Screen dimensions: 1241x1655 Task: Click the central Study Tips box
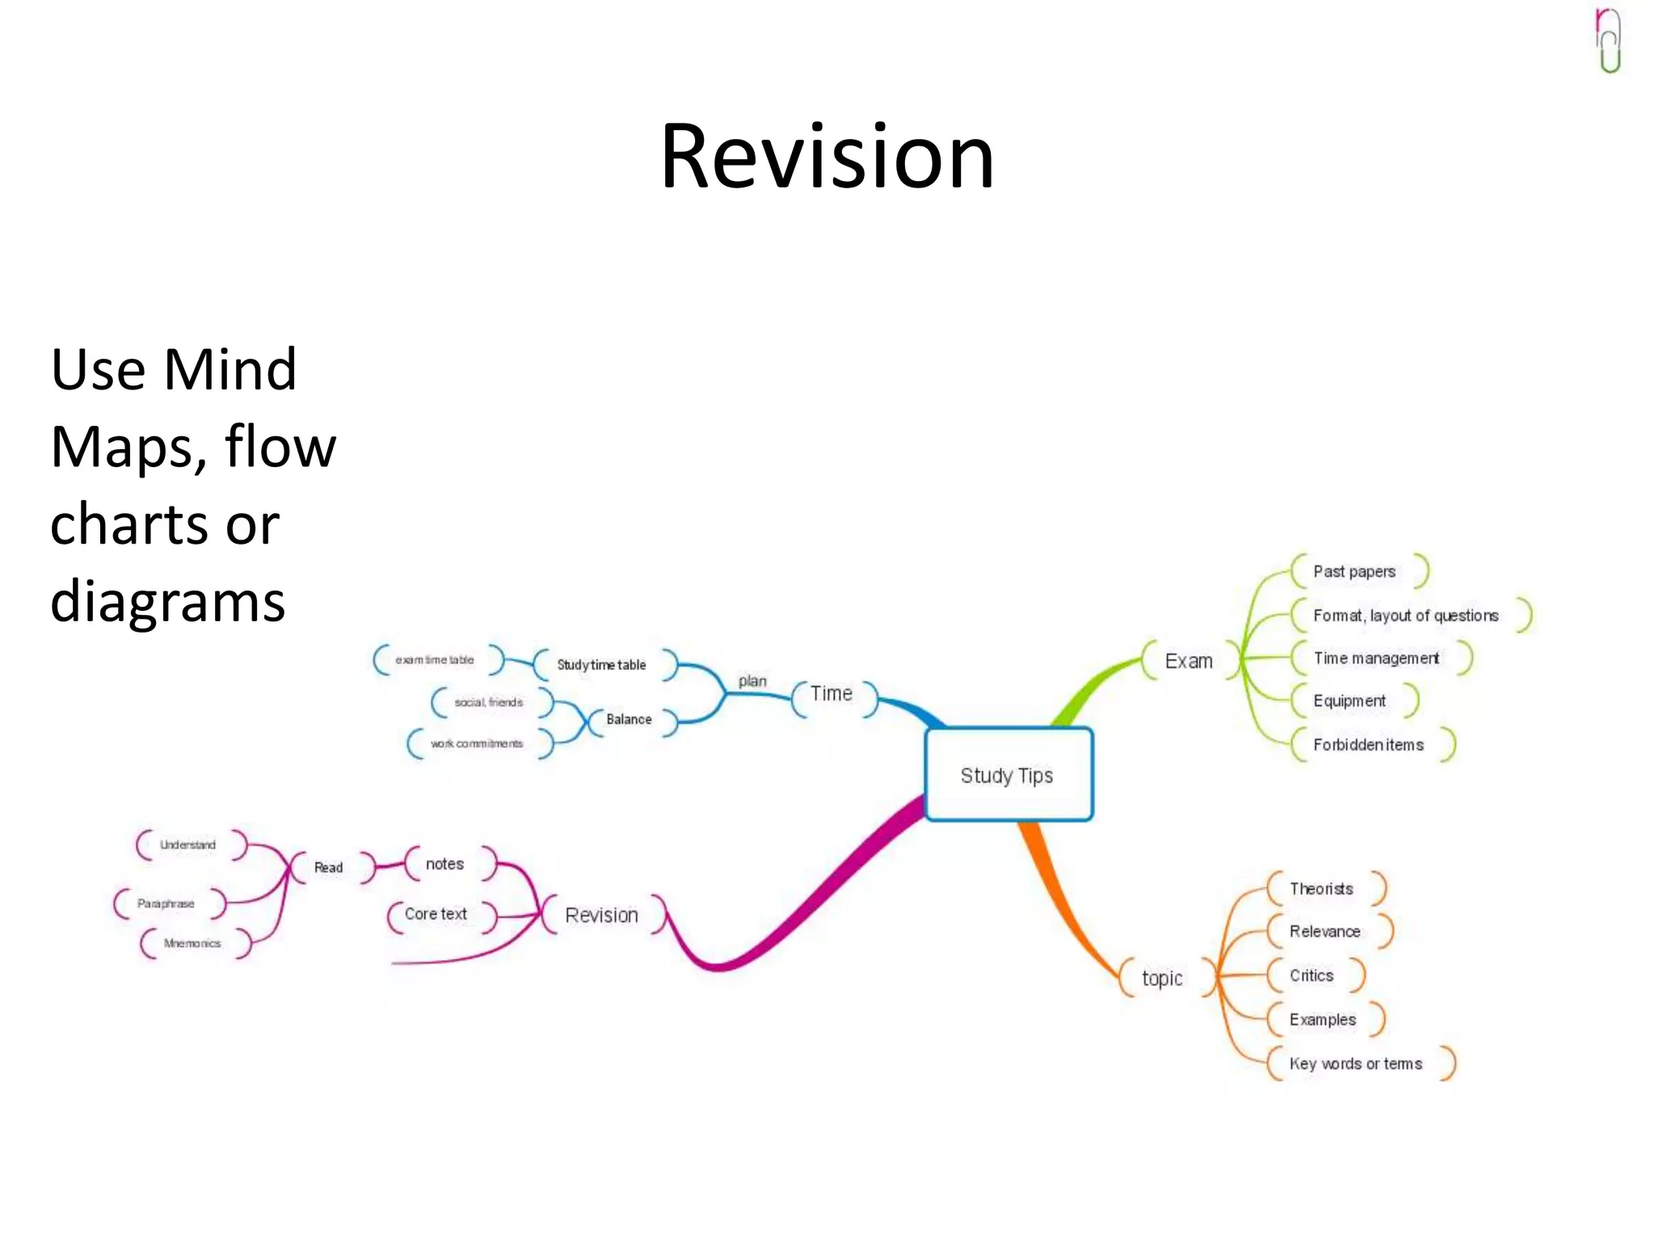[x=1008, y=775]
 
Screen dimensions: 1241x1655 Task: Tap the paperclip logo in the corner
[x=1609, y=40]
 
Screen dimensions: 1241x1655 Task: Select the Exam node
[x=1189, y=661]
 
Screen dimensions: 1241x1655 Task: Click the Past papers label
[x=1354, y=571]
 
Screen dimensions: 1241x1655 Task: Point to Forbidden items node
[x=1368, y=745]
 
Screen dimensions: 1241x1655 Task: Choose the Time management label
[x=1376, y=658]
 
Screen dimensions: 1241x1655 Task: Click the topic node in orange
[x=1162, y=978]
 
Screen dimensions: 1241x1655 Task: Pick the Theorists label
[x=1321, y=889]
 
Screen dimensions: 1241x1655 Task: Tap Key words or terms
[x=1356, y=1064]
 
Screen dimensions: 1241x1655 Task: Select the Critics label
[x=1312, y=975]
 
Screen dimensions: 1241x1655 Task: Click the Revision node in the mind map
[x=601, y=915]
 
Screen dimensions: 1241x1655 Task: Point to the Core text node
[x=436, y=914]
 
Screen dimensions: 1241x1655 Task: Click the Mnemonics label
[x=192, y=943]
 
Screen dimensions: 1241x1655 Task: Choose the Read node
[x=329, y=868]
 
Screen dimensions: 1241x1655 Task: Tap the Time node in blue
[x=832, y=694]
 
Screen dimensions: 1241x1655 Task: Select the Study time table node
[x=601, y=665]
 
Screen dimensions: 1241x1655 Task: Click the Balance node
[x=629, y=719]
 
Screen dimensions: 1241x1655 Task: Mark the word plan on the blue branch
[x=752, y=681]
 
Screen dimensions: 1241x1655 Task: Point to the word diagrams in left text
[x=168, y=601]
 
